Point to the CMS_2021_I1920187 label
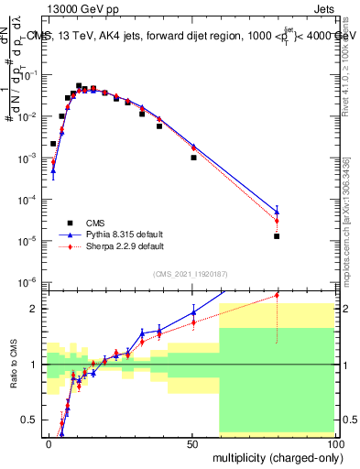(189, 274)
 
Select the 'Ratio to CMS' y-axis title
(14, 365)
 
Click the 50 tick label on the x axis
(191, 443)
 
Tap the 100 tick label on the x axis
(333, 443)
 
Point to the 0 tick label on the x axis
(49, 443)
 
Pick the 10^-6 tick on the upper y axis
(30, 281)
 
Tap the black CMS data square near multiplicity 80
(277, 235)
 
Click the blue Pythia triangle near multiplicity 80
(277, 212)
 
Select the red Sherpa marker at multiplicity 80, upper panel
(277, 221)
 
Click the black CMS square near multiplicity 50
(193, 158)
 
